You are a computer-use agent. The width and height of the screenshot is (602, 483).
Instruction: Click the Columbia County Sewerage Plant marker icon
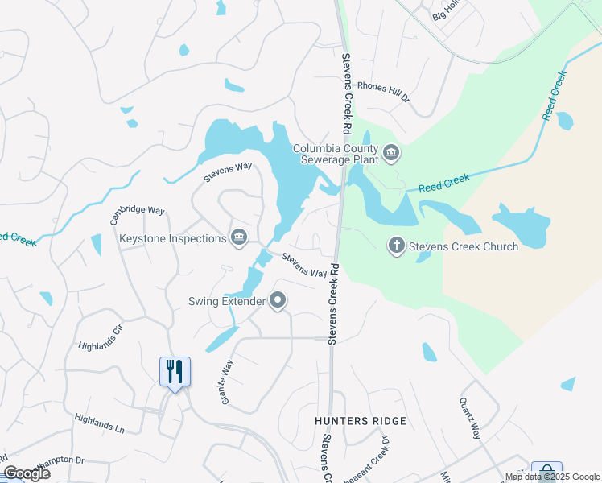(x=391, y=153)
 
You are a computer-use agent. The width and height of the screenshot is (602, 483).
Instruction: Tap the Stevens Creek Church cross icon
(x=396, y=246)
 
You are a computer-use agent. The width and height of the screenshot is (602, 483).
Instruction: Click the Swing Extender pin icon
(x=278, y=301)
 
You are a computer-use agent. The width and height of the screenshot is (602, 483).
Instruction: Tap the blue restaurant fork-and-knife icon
(x=175, y=371)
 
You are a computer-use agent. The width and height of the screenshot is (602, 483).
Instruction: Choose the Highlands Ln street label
(x=99, y=424)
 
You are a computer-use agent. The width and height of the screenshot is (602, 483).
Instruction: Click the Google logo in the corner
(x=27, y=473)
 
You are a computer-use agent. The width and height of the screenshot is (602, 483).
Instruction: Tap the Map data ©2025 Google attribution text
(x=553, y=477)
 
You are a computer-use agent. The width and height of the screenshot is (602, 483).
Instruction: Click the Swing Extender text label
(x=227, y=302)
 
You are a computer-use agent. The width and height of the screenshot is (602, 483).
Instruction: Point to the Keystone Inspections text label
(x=173, y=238)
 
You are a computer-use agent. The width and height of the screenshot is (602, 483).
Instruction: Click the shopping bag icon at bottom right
(x=546, y=472)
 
